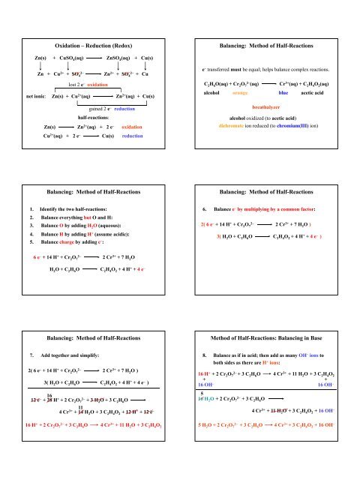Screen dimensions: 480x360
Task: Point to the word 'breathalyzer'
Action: click(x=271, y=108)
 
